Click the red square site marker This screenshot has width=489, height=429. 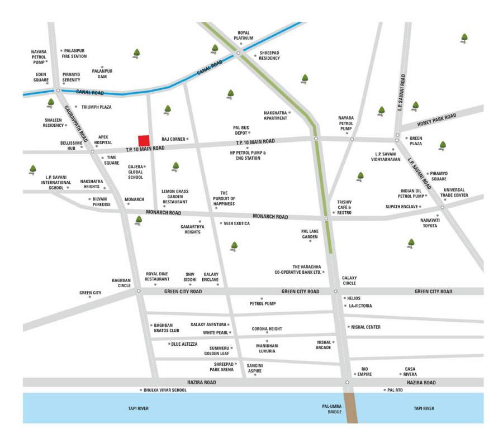coord(144,140)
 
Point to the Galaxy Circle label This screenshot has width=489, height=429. coord(349,280)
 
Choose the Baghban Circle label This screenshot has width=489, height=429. coord(121,283)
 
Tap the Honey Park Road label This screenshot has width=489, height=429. coord(436,116)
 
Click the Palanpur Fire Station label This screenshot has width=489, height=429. coord(75,53)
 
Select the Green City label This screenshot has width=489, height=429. coord(90,292)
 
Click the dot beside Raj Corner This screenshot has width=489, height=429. coord(188,139)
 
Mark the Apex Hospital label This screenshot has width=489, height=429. coord(103,139)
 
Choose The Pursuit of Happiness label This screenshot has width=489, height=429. coord(224,198)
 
